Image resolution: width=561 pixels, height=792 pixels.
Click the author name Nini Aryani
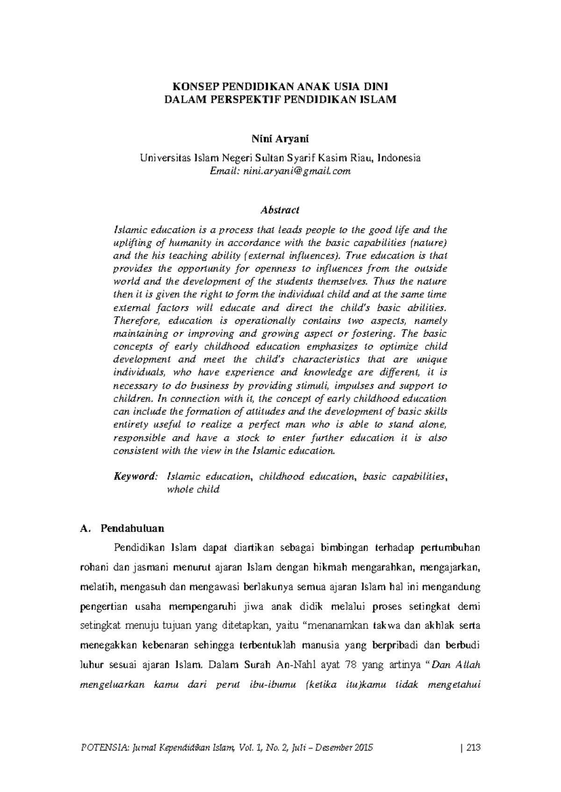280,139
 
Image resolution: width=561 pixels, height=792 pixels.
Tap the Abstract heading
280,210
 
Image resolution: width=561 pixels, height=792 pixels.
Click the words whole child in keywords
193,490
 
